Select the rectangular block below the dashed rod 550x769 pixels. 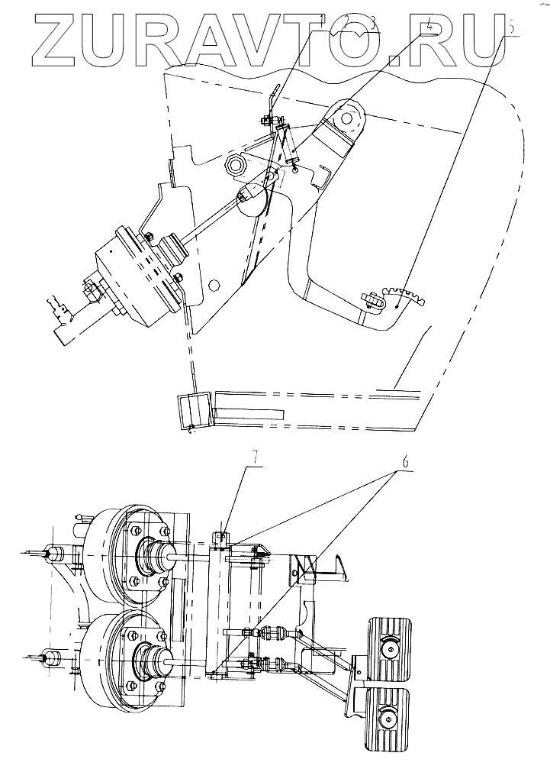coord(191,409)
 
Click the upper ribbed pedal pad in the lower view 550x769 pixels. coord(391,648)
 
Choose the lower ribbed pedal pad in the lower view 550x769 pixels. coord(390,716)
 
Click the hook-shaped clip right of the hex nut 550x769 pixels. coord(323,177)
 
